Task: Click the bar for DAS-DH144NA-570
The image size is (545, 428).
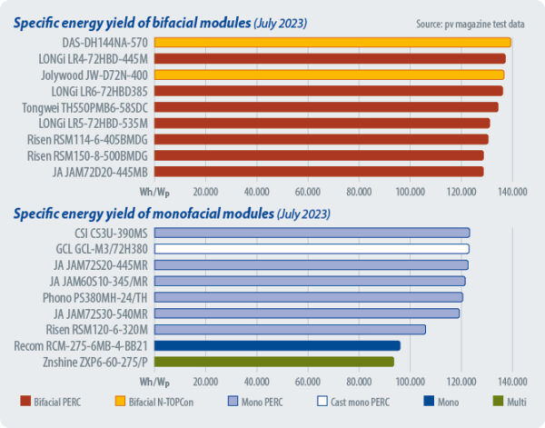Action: (x=332, y=43)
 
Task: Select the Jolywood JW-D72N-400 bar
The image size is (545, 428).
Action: (x=328, y=75)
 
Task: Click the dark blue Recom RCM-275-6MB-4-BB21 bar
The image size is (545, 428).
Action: (x=276, y=345)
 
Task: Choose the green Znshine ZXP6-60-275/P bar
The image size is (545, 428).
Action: (x=273, y=362)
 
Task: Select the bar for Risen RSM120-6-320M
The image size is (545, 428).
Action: (x=289, y=329)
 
